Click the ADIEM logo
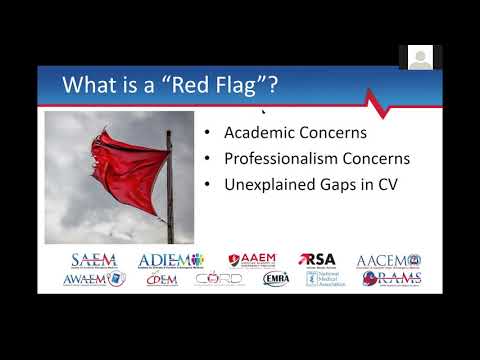click(x=170, y=260)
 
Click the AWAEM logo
click(x=95, y=279)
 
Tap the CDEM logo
click(x=162, y=279)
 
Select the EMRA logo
click(x=275, y=279)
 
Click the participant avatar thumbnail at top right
click(x=421, y=57)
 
